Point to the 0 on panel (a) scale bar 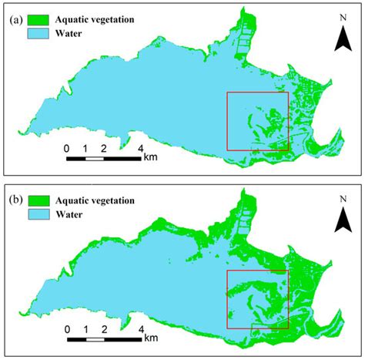coord(67,147)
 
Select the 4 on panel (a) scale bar coord(141,147)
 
